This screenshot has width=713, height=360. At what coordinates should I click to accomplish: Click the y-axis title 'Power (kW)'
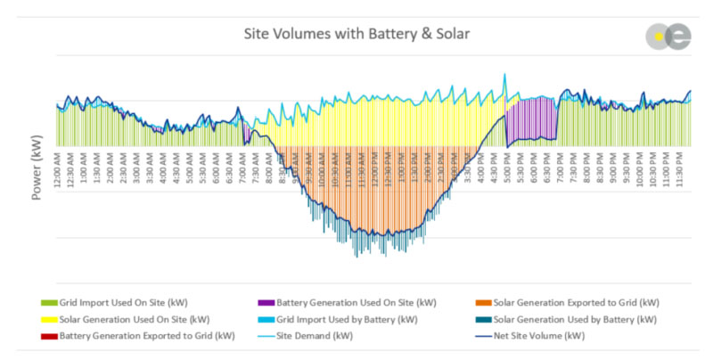[x=38, y=168]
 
